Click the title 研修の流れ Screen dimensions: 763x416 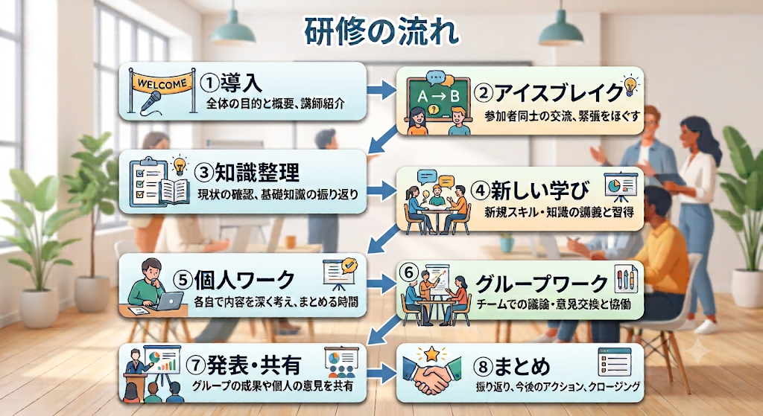[x=381, y=32]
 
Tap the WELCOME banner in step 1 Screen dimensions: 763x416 [x=162, y=83]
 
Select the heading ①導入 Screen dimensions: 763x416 [x=231, y=83]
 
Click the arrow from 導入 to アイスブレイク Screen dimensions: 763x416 [x=381, y=90]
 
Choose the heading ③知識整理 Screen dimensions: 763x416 [x=247, y=172]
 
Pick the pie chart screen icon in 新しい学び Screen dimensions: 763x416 [x=620, y=188]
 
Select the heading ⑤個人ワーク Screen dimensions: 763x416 [x=234, y=279]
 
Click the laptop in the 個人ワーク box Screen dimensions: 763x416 [x=169, y=301]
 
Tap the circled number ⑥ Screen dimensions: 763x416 [x=408, y=272]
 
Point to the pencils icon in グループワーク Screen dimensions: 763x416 [x=625, y=279]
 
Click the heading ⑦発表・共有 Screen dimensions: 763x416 [x=244, y=365]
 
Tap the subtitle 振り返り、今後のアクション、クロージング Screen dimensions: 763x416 [x=557, y=387]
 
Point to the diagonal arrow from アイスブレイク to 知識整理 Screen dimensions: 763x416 [x=384, y=138]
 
